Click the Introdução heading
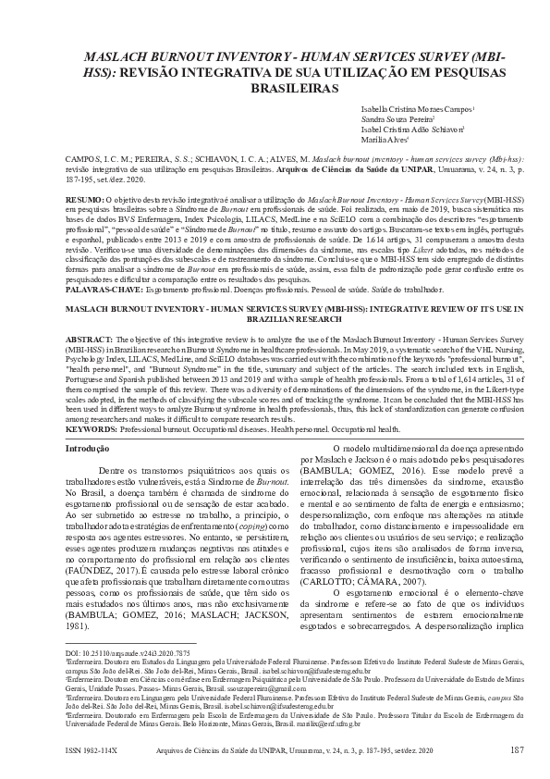point(88,448)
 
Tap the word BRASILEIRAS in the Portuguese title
point(295,89)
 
